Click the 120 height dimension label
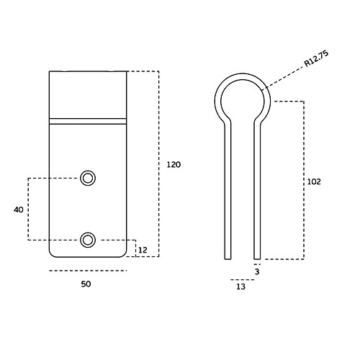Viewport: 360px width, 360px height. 174,165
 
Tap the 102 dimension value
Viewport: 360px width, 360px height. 314,181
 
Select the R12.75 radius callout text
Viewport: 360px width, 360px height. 316,59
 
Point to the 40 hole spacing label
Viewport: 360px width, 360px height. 19,210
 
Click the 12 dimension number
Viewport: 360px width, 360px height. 143,250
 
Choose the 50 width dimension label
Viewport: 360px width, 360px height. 86,284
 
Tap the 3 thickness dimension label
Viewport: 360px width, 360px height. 257,271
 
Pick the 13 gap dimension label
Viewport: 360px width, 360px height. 240,287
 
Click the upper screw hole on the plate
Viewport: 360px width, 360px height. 88,179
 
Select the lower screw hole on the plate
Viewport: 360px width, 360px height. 88,240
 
